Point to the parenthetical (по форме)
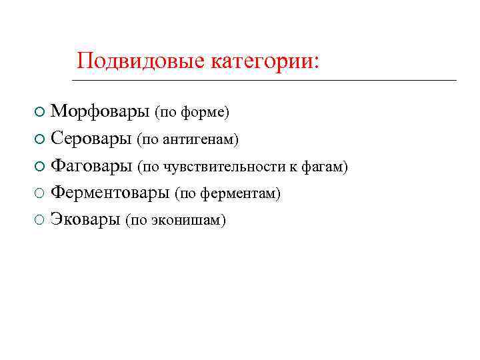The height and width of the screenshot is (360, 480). [192, 113]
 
